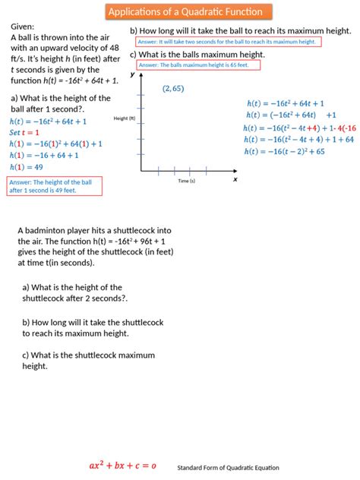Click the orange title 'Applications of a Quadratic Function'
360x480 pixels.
click(185, 12)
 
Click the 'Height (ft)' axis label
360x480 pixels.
click(124, 118)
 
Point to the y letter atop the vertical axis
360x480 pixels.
click(132, 74)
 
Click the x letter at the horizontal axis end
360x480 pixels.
click(235, 179)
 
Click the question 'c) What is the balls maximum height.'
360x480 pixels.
click(197, 55)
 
